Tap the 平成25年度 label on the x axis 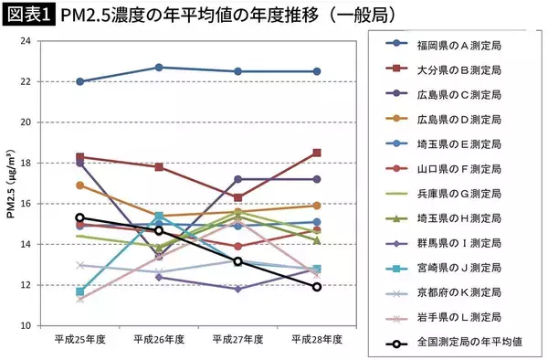[79, 339]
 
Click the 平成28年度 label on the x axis [318, 339]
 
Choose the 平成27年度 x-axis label [238, 339]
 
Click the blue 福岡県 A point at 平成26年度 [159, 68]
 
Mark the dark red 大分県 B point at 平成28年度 [318, 153]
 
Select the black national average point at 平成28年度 [318, 287]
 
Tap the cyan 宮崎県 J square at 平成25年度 [80, 291]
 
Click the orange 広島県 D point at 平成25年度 [80, 185]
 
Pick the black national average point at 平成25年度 [80, 217]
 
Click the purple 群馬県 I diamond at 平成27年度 [238, 289]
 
